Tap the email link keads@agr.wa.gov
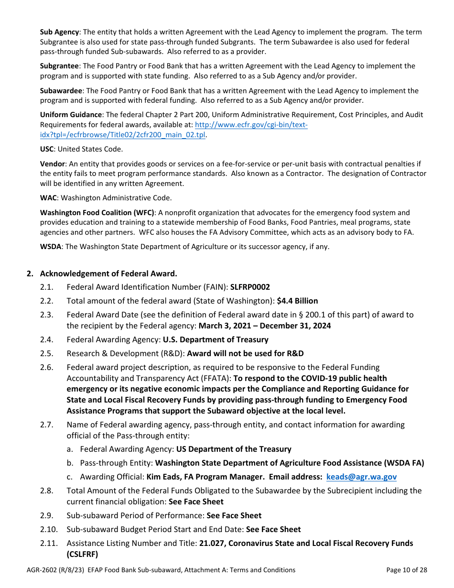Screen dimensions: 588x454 click(x=361, y=477)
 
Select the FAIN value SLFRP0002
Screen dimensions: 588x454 click(x=250, y=287)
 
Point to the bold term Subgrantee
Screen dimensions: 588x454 click(x=60, y=66)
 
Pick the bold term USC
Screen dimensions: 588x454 click(x=47, y=149)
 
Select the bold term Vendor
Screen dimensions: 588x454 click(x=52, y=164)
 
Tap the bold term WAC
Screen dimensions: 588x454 click(x=48, y=198)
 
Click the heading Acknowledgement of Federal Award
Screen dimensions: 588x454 click(x=108, y=273)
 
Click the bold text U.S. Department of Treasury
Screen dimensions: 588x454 click(x=216, y=339)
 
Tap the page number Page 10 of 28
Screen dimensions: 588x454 click(x=406, y=570)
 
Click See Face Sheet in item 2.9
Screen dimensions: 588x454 click(x=234, y=515)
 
